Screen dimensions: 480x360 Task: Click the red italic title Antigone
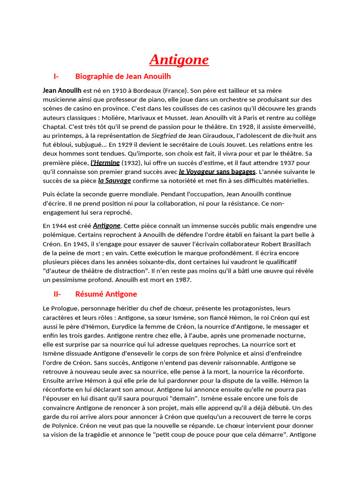179,60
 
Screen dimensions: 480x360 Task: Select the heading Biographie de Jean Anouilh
123,76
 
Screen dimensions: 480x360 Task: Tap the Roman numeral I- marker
56,76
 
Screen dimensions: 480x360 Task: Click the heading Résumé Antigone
106,294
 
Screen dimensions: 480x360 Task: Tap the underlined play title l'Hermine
105,163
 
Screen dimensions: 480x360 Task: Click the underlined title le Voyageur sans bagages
217,172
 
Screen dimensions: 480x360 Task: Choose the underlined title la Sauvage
114,180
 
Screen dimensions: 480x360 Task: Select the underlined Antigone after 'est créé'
107,225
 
